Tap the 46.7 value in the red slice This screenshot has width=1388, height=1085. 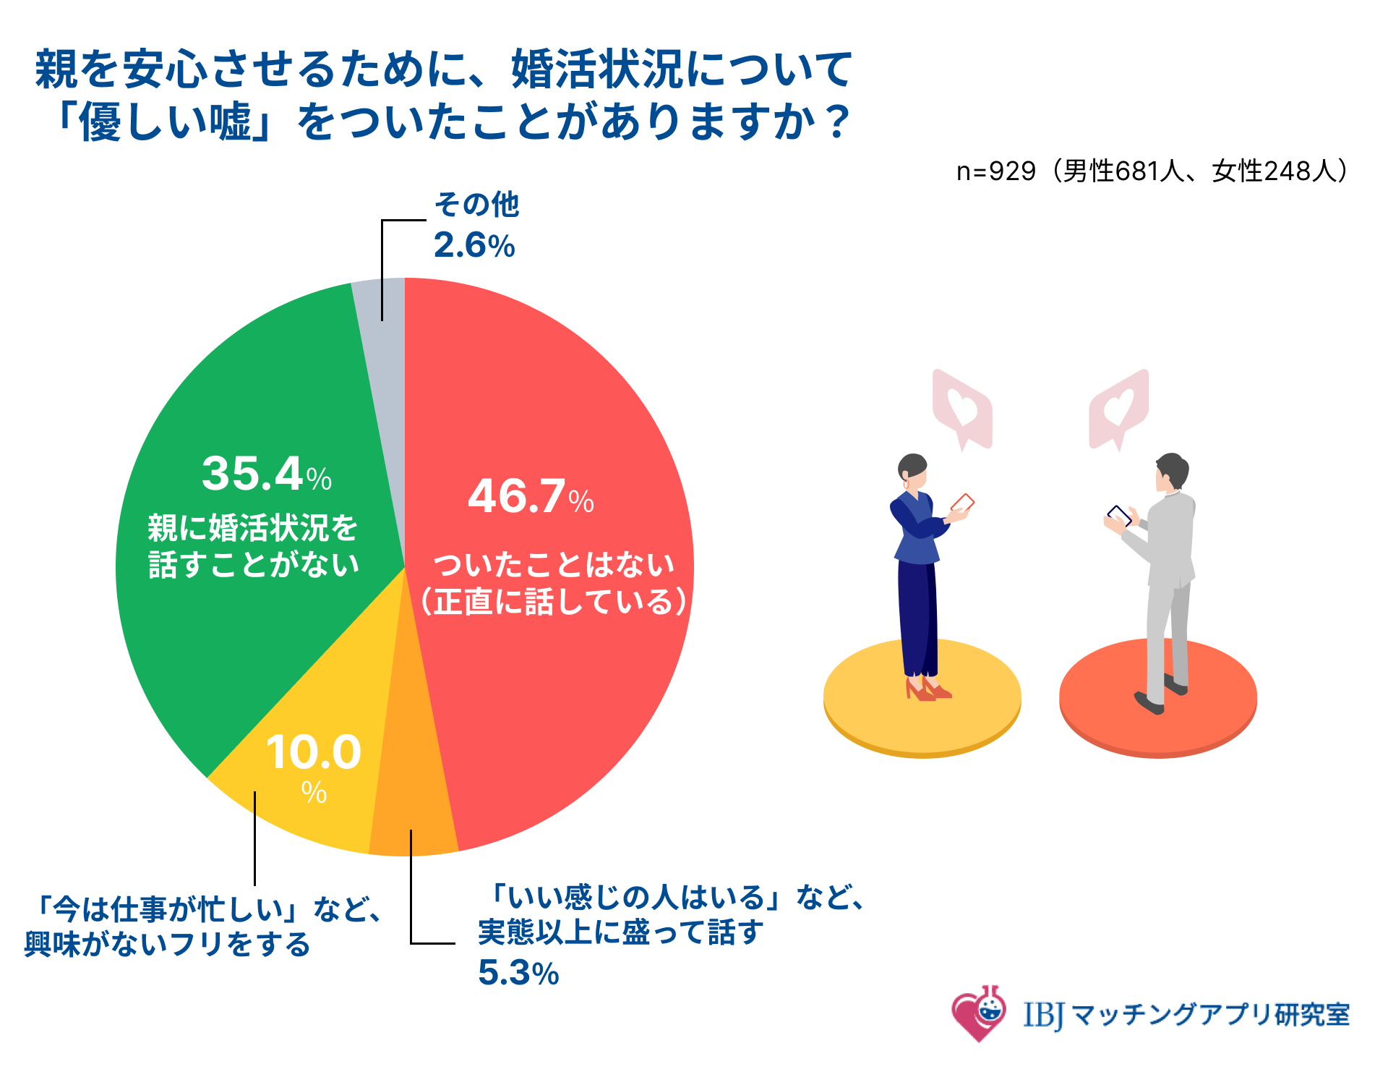click(x=518, y=498)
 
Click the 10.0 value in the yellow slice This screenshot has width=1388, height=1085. click(x=314, y=753)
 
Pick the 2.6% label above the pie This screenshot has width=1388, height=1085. click(x=474, y=246)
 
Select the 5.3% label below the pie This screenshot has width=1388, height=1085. click(x=518, y=974)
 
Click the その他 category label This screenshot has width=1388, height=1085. click(x=476, y=205)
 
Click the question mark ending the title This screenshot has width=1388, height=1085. click(x=839, y=122)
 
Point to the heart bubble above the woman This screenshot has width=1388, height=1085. click(x=962, y=408)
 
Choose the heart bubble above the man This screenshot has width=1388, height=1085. click(x=1118, y=408)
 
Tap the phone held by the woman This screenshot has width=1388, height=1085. click(x=962, y=503)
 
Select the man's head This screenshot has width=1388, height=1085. click(x=1171, y=472)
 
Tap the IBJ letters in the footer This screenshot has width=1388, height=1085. click(x=1043, y=1015)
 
